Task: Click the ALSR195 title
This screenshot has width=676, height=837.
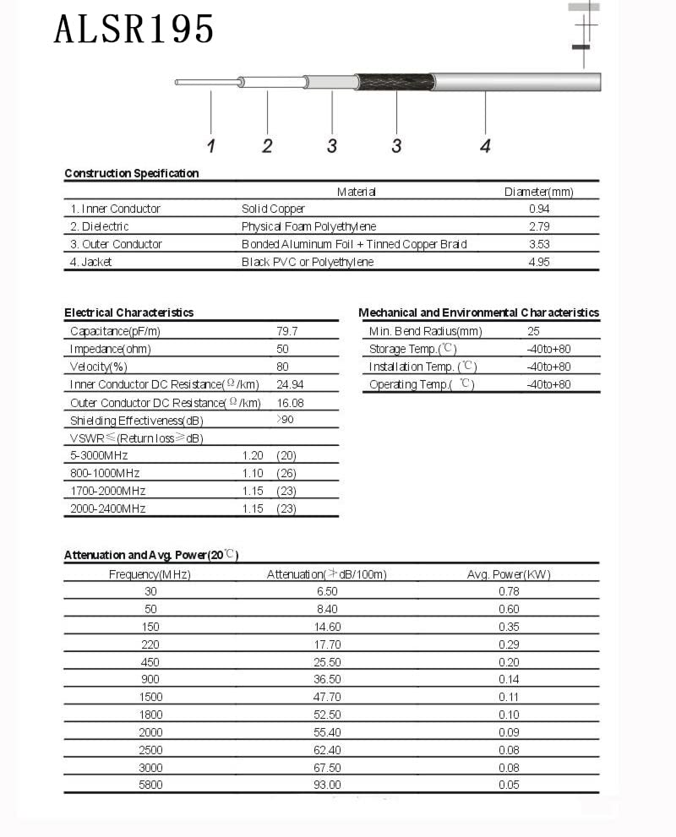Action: (x=134, y=30)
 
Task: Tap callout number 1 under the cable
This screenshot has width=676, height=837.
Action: (x=210, y=146)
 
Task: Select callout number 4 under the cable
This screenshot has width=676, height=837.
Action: (x=485, y=146)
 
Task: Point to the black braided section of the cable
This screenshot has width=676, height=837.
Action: (x=394, y=83)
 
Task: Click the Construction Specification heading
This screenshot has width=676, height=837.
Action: (x=131, y=173)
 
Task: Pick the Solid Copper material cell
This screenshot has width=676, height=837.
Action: (x=273, y=209)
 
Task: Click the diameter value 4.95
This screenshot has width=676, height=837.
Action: (x=539, y=262)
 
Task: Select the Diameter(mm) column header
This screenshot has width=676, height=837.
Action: (x=538, y=192)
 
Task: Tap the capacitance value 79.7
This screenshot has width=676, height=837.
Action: (x=287, y=331)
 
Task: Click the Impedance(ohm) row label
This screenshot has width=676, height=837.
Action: (x=110, y=349)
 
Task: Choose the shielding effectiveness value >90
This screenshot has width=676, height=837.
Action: (x=286, y=420)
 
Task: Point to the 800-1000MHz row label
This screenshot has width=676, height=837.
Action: (x=105, y=473)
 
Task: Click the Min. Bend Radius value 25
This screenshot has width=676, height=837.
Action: (x=533, y=331)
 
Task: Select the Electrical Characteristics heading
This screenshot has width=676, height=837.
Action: (x=128, y=313)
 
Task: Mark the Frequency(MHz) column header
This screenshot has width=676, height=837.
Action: (x=150, y=574)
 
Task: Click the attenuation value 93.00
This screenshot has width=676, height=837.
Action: (x=327, y=785)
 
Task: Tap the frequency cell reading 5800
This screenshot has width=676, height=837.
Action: (x=150, y=785)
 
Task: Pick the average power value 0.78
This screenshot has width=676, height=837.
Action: (x=509, y=591)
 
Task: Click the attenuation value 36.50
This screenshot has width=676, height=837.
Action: (x=327, y=679)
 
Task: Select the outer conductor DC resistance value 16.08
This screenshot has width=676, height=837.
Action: (x=290, y=403)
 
